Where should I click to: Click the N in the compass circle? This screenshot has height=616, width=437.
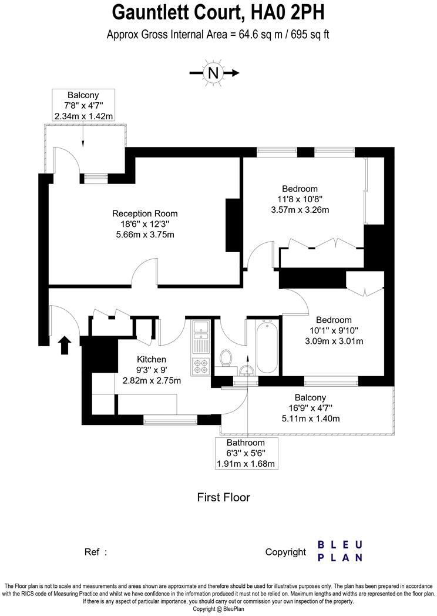pyautogui.click(x=213, y=73)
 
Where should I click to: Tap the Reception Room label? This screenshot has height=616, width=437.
pyautogui.click(x=144, y=213)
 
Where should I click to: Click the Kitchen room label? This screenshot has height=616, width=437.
pyautogui.click(x=152, y=359)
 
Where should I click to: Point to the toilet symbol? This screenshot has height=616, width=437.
pyautogui.click(x=225, y=358)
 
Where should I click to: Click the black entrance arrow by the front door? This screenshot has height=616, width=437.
pyautogui.click(x=65, y=345)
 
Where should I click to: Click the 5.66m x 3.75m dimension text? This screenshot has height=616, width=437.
pyautogui.click(x=144, y=235)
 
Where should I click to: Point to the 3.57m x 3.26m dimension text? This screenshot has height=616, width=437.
pyautogui.click(x=300, y=210)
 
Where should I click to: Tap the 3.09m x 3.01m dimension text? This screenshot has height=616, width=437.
pyautogui.click(x=334, y=341)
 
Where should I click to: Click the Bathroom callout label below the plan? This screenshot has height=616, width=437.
pyautogui.click(x=246, y=443)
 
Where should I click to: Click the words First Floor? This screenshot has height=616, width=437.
pyautogui.click(x=223, y=498)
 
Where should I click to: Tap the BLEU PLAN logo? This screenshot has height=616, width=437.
pyautogui.click(x=339, y=551)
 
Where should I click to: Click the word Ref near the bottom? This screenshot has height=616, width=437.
pyautogui.click(x=92, y=552)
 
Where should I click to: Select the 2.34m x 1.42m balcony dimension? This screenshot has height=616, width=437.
pyautogui.click(x=83, y=116)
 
